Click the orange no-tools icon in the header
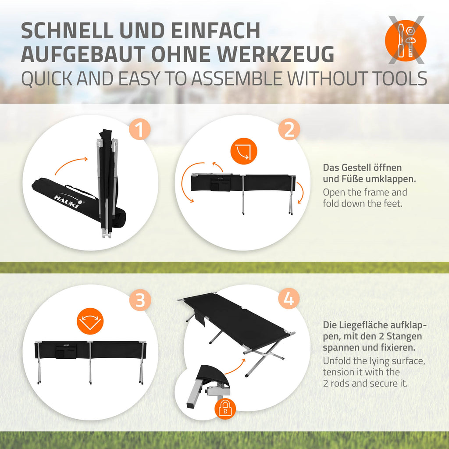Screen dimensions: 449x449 point(406,40)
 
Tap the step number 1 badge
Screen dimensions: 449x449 point(140,129)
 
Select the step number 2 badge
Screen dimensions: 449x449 point(289,129)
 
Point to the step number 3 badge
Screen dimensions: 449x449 point(140,300)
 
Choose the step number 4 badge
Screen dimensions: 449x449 point(289,299)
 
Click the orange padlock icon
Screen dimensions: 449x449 point(225,409)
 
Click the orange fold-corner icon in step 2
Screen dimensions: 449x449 point(244,151)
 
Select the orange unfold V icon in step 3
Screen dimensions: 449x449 point(90,321)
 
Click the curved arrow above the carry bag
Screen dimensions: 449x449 point(71,165)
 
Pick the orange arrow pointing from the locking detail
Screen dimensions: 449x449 point(235,366)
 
